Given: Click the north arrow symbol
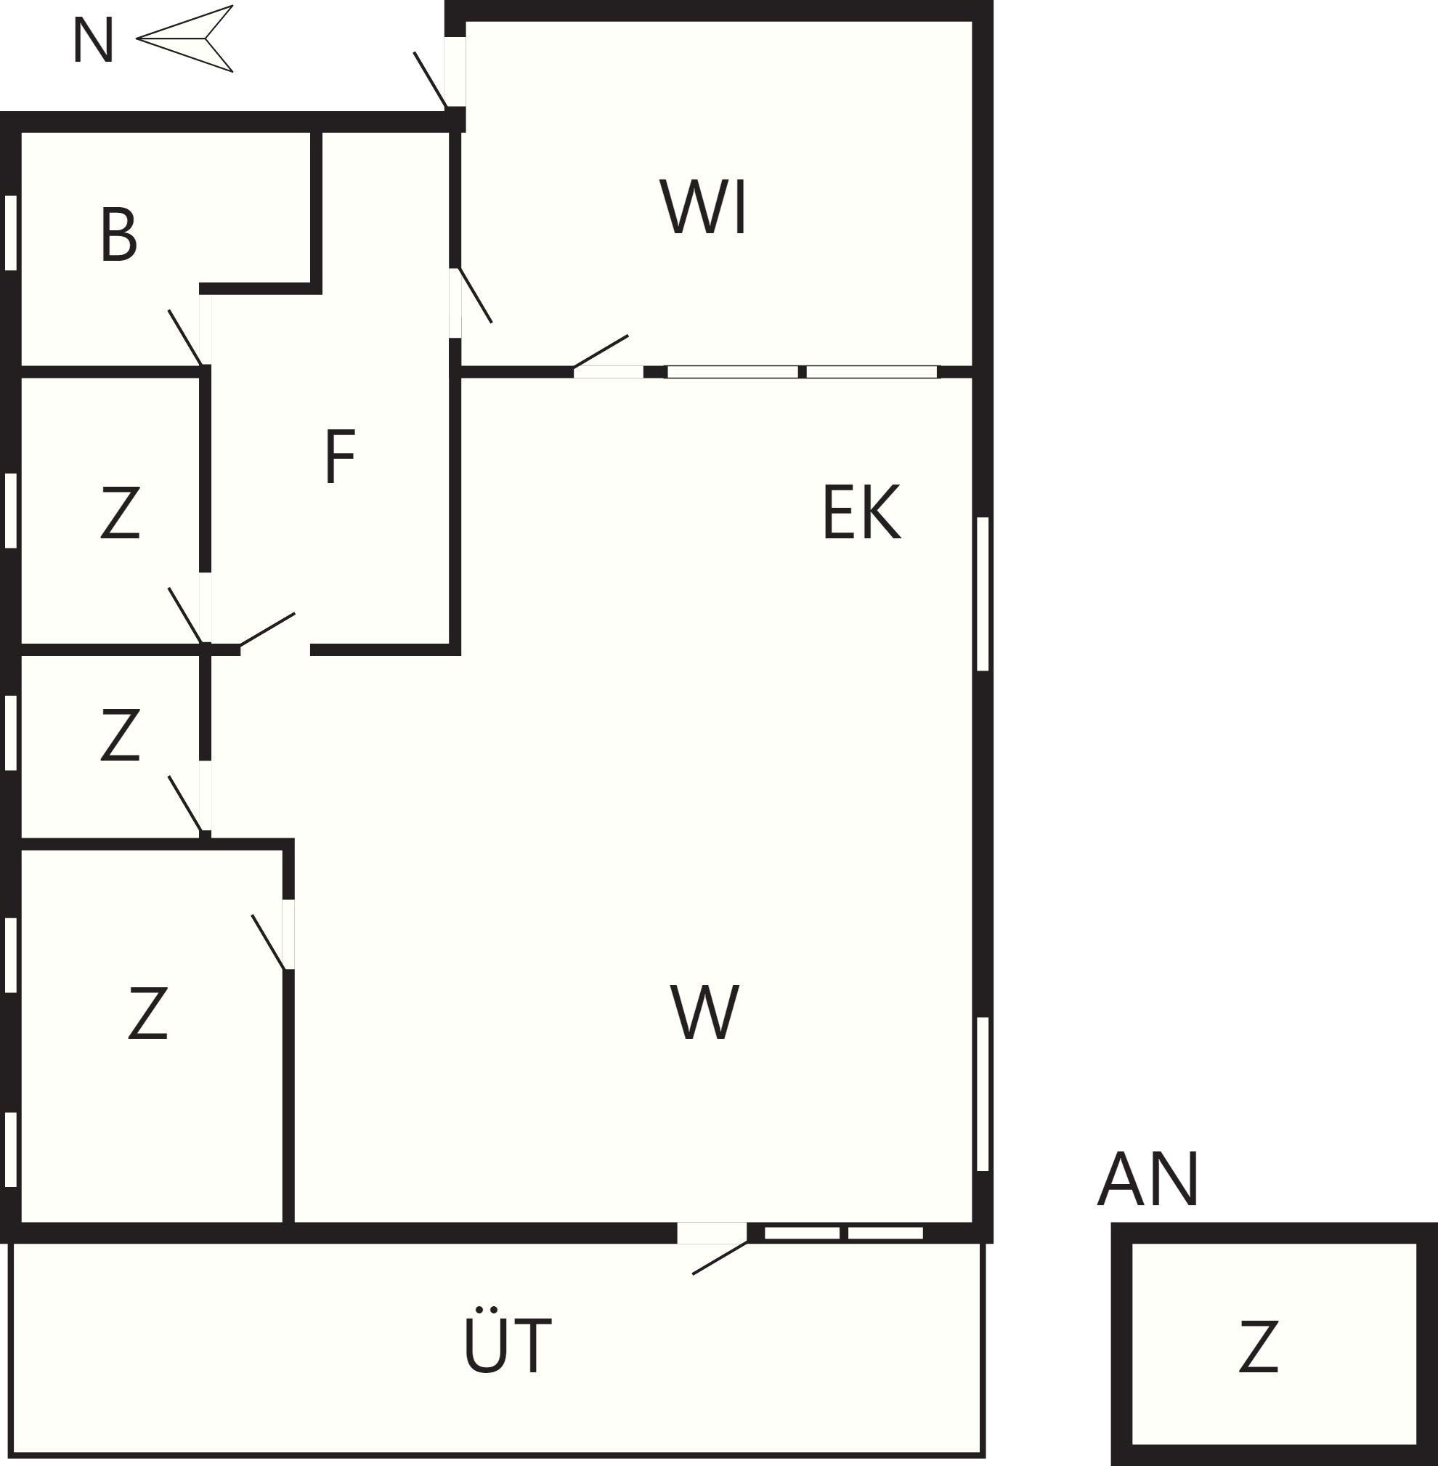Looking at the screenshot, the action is click(x=185, y=39).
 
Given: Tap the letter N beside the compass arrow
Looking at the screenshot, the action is click(x=93, y=40).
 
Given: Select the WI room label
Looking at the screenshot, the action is click(x=703, y=206).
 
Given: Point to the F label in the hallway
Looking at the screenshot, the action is click(x=340, y=455).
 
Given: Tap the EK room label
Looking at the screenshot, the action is click(x=861, y=511).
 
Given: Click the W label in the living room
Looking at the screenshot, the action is click(x=704, y=1011).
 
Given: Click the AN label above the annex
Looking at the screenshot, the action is click(x=1148, y=1179).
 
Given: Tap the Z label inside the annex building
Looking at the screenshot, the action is click(x=1258, y=1345).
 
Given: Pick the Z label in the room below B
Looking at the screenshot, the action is click(x=120, y=511).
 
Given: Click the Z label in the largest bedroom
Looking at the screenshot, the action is click(x=147, y=1012).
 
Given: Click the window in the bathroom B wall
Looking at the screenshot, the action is click(x=11, y=232).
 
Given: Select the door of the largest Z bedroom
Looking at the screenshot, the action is click(x=272, y=937).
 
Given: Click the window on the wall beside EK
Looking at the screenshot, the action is click(x=983, y=594).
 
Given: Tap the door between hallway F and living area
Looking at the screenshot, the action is click(x=267, y=631).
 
